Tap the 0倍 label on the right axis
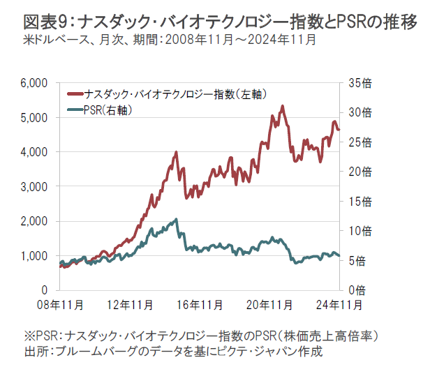[x=356, y=289]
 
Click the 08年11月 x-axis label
[x=61, y=305]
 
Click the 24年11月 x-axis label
[x=339, y=305]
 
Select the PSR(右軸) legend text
[x=107, y=110]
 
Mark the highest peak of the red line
[x=282, y=107]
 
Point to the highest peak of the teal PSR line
[x=176, y=220]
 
